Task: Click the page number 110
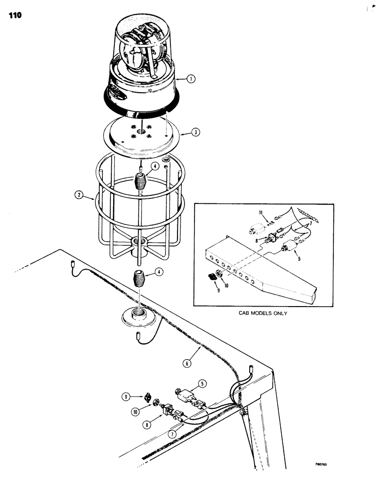15,16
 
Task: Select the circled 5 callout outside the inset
203,384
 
